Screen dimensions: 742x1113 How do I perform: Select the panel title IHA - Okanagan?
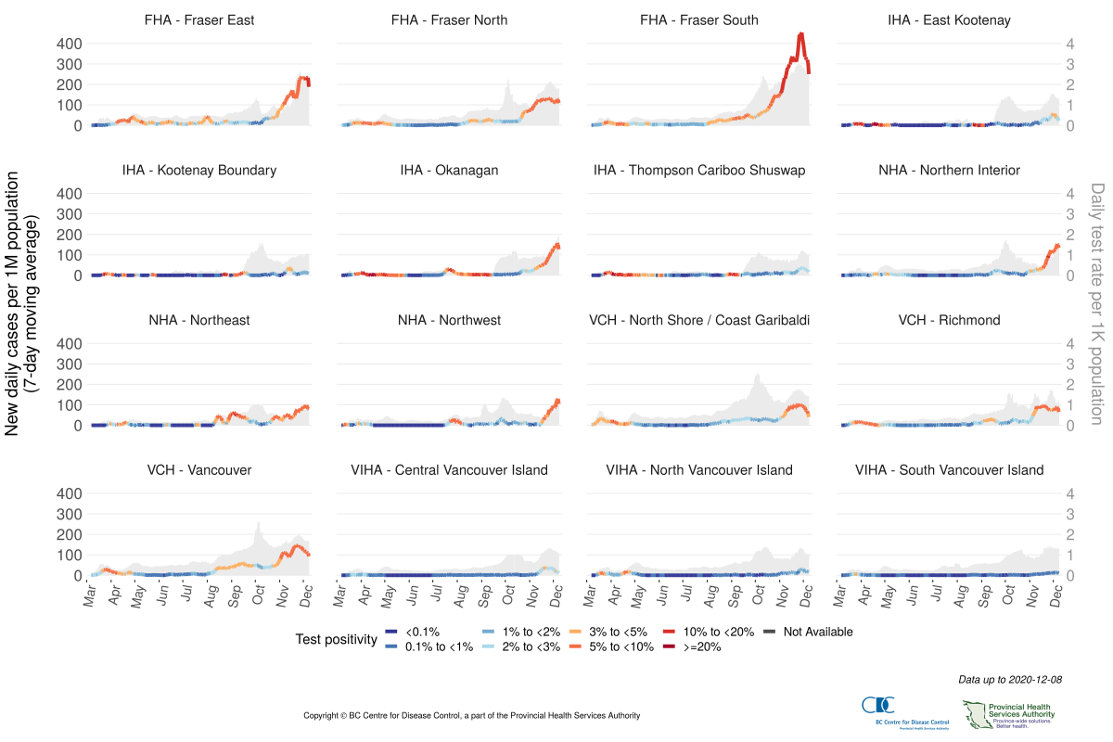coord(449,170)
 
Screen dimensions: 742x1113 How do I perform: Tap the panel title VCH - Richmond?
coord(949,320)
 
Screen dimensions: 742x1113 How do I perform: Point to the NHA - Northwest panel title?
coord(449,320)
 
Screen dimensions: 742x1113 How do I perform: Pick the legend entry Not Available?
coord(816,632)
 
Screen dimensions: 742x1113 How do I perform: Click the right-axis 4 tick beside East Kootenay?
coord(1069,44)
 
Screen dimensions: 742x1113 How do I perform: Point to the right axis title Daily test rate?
coord(1097,302)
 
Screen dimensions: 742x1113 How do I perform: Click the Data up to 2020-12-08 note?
coord(1010,680)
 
